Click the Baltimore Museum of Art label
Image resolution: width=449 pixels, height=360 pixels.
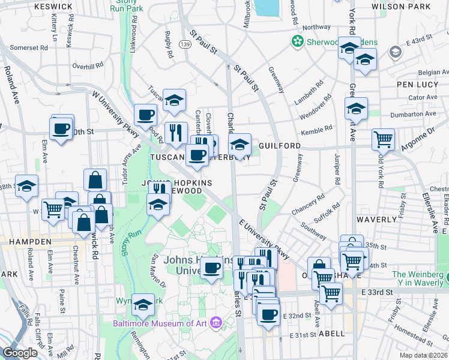pyautogui.click(x=159, y=323)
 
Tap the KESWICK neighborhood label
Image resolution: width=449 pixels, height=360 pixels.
pyautogui.click(x=53, y=6)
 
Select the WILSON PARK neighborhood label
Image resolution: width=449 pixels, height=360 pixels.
pyautogui.click(x=409, y=6)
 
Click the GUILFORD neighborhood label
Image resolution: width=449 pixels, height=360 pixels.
pyautogui.click(x=280, y=146)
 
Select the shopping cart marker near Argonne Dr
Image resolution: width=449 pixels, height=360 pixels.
pyautogui.click(x=383, y=139)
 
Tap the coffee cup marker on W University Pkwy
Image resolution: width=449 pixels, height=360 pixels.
pyautogui.click(x=145, y=114)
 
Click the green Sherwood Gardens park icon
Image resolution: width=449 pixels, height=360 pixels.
pyautogui.click(x=296, y=41)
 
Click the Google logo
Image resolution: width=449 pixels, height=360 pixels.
pyautogui.click(x=20, y=353)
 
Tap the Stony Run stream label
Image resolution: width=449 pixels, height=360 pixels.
pyautogui.click(x=131, y=242)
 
